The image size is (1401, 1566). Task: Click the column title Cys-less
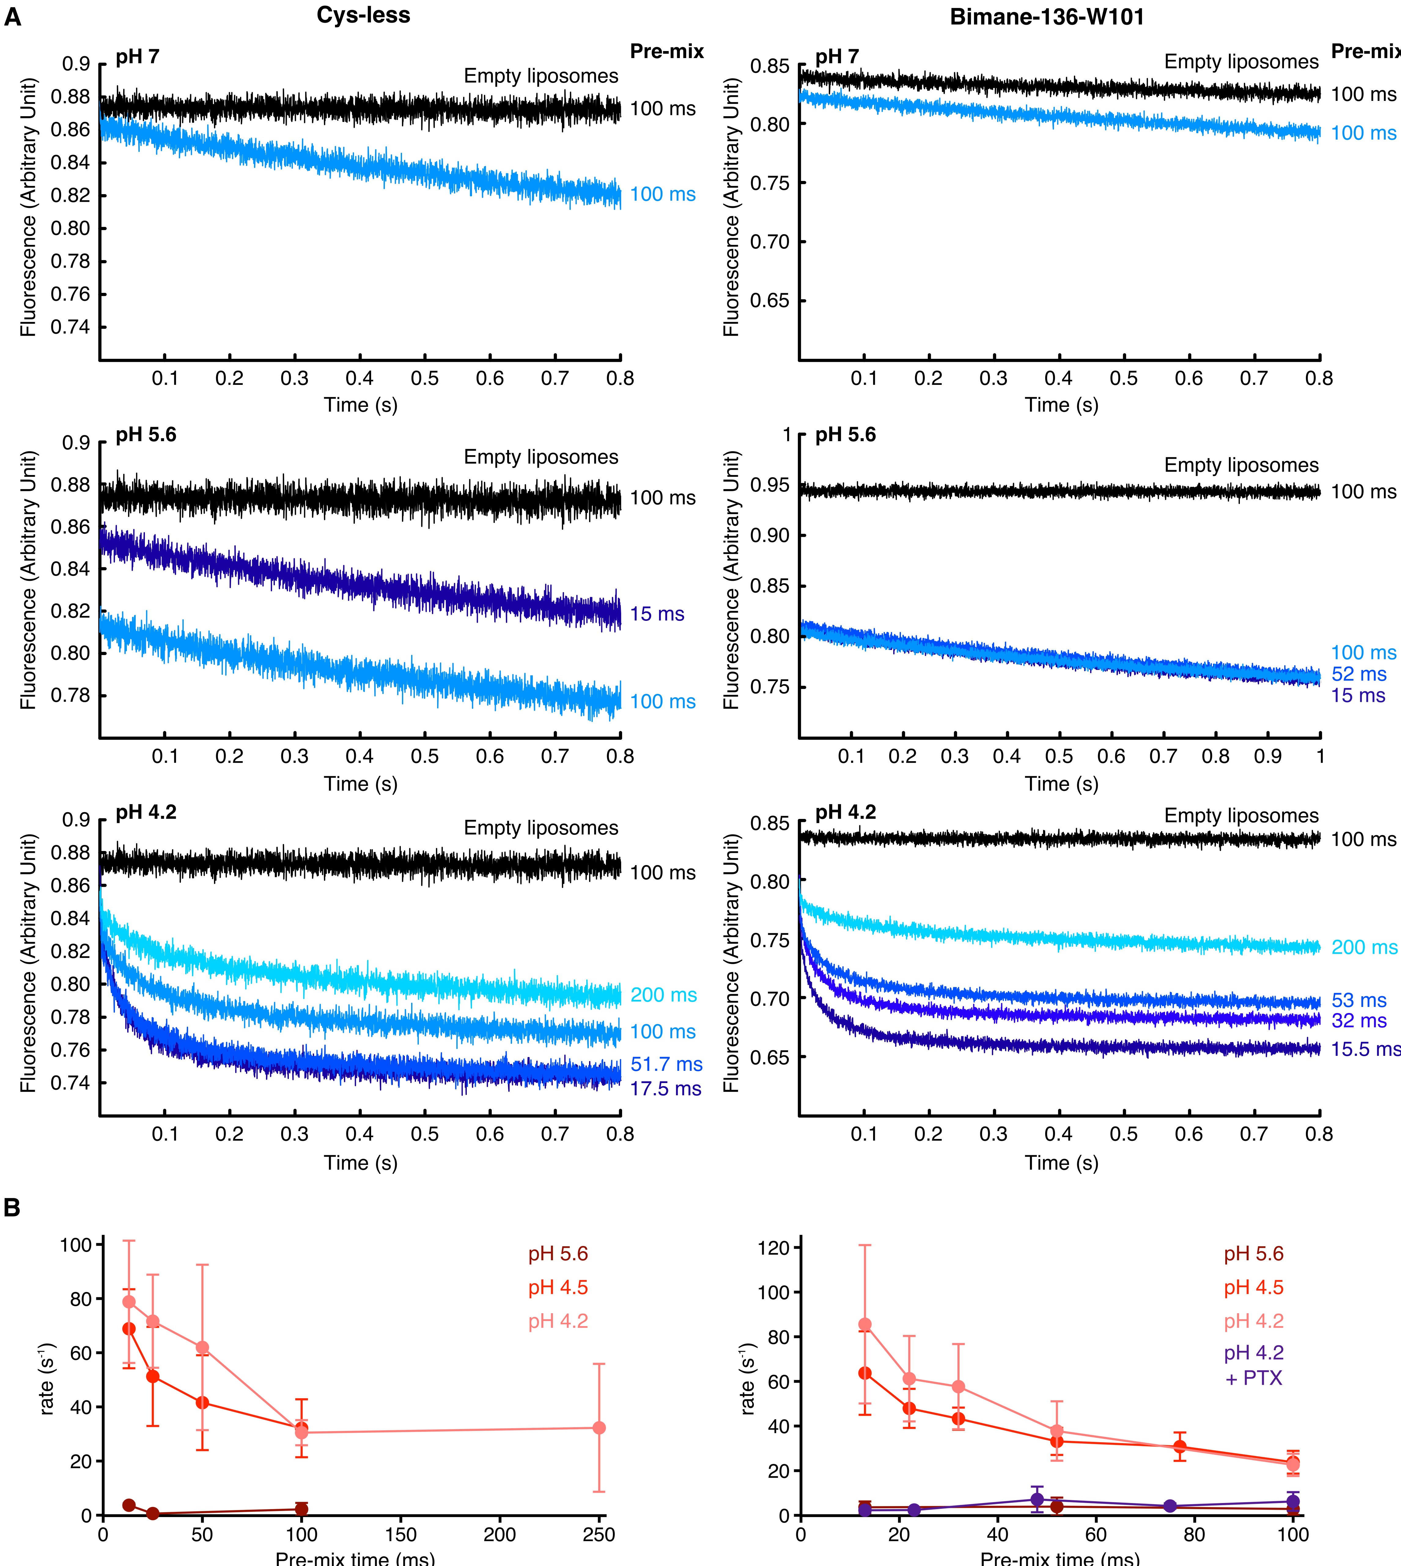(x=363, y=15)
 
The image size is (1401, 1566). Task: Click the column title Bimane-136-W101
(x=1047, y=17)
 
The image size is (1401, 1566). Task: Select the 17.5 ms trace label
(x=666, y=1089)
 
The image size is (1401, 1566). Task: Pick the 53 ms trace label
(x=1359, y=1000)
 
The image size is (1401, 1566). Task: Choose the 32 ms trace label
(x=1359, y=1021)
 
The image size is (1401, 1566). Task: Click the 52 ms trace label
(x=1359, y=674)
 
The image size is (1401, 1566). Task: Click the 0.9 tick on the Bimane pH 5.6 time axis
(x=1268, y=757)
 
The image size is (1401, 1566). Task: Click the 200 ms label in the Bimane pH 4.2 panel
(x=1364, y=947)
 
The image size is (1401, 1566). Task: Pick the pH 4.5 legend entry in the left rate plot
(x=557, y=1288)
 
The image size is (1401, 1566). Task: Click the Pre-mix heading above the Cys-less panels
(x=667, y=52)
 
